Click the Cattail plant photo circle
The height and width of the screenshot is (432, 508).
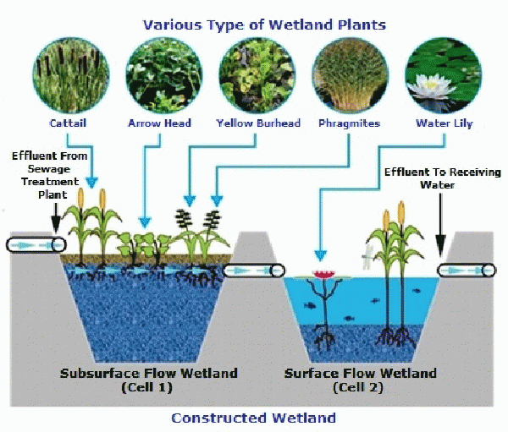[70, 76]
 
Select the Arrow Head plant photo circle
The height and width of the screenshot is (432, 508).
[164, 76]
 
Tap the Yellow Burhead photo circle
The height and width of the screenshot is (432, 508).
[257, 76]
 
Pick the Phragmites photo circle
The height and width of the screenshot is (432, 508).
[351, 76]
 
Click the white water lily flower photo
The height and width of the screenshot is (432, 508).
[444, 76]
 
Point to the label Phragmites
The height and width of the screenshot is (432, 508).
[349, 123]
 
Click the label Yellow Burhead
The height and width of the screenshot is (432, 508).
[258, 123]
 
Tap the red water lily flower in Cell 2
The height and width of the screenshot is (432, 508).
[324, 275]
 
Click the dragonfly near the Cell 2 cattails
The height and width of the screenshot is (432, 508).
[368, 258]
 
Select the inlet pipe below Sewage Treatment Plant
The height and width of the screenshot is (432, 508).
[36, 245]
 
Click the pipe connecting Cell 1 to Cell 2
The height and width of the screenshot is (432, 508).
[254, 271]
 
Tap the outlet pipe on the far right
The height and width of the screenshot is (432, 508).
[467, 271]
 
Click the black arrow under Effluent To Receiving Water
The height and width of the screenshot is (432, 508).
[440, 225]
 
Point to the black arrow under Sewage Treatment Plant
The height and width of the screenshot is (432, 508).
[56, 218]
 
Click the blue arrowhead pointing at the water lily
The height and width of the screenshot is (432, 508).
[320, 255]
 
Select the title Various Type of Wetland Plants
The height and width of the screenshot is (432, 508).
[265, 25]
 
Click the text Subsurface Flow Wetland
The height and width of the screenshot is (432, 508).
[149, 374]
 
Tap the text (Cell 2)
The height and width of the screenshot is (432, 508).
[358, 387]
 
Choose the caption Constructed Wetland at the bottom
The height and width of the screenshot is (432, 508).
[253, 418]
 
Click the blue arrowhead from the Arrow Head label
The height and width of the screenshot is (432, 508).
[145, 222]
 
